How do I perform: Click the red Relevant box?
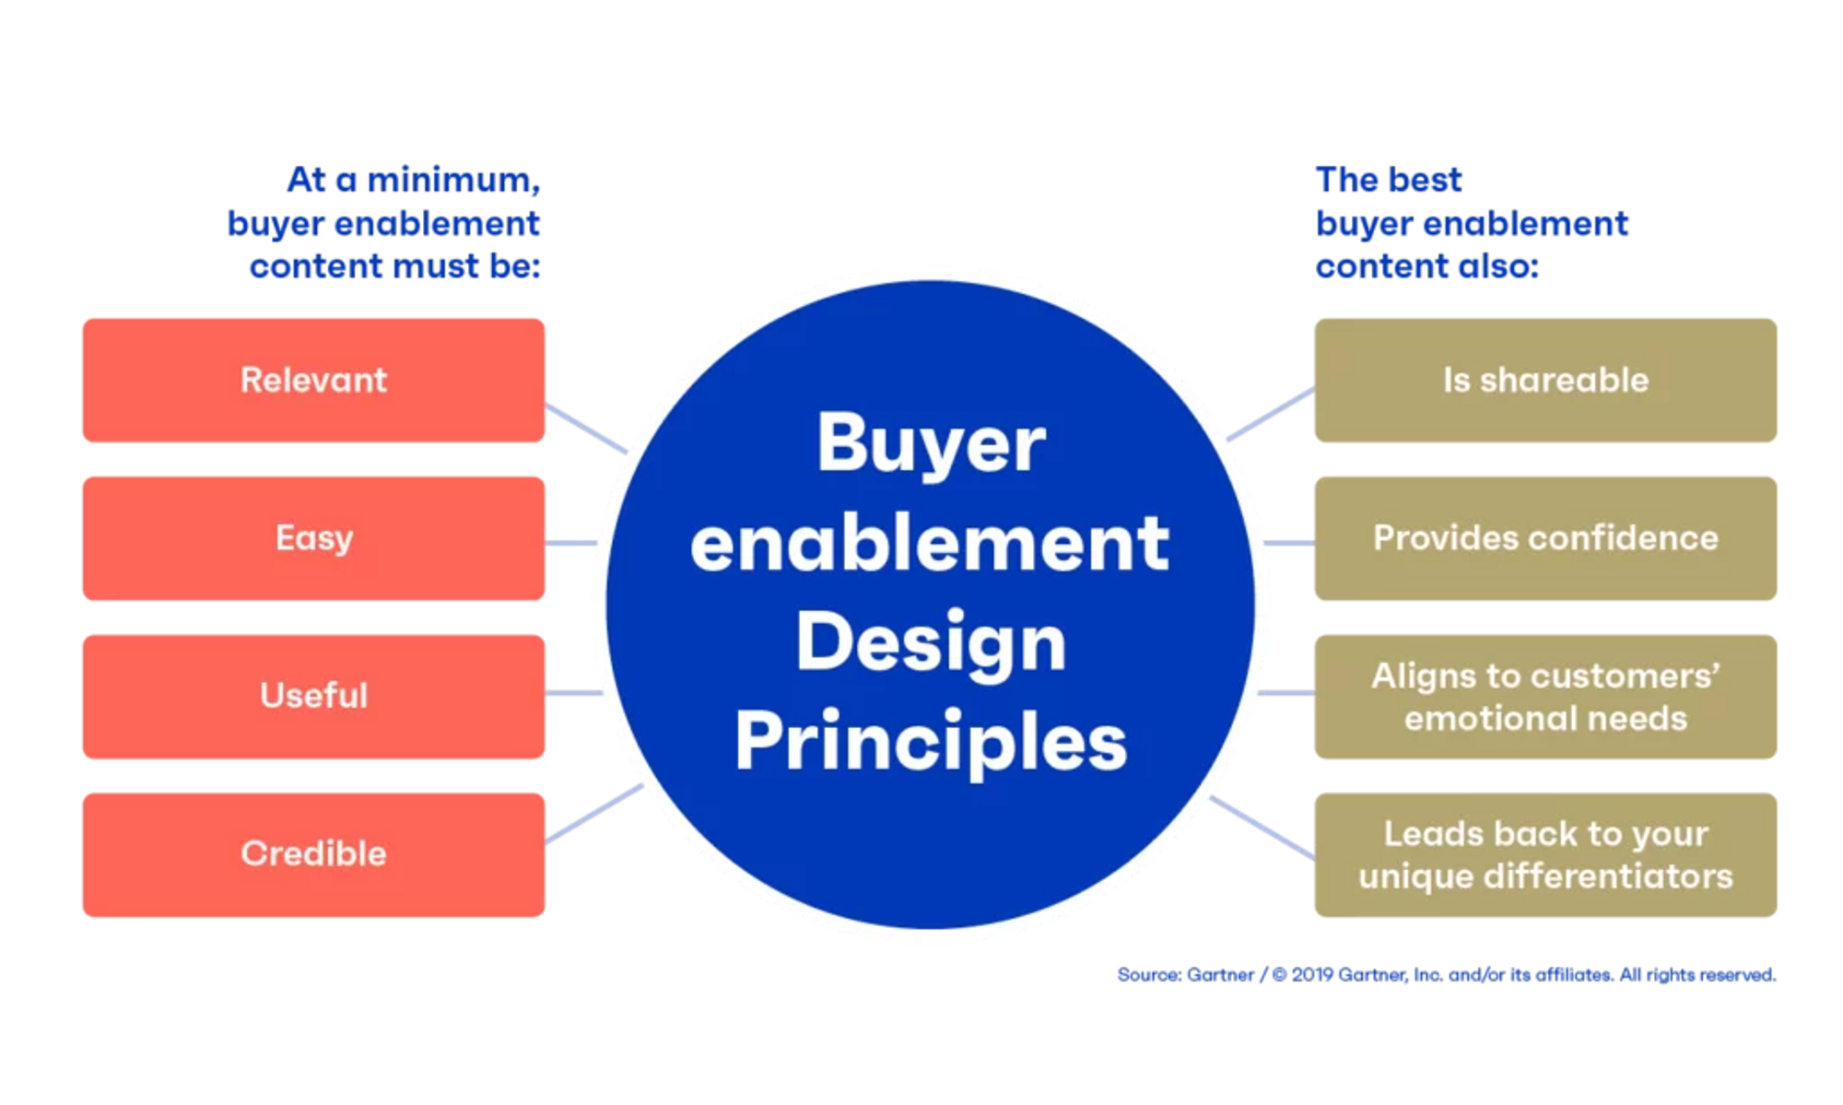pos(313,380)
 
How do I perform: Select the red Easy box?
pos(313,538)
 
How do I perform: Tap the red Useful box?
pos(313,696)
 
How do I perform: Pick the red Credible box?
pos(313,854)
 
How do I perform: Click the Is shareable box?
pos(1545,380)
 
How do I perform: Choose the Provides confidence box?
pos(1545,538)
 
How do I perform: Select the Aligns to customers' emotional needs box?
pos(1545,697)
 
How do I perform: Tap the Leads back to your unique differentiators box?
pos(1545,854)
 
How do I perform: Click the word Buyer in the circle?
pos(931,445)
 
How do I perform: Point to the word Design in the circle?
pos(931,642)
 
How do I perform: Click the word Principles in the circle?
pos(931,742)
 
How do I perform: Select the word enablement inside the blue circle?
pos(931,544)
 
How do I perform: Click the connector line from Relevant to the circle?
pos(586,427)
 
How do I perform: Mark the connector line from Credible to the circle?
pos(594,814)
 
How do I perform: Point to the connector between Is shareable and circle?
pos(1272,414)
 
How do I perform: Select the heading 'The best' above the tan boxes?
pos(1388,180)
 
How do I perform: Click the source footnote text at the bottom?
pos(1447,974)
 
